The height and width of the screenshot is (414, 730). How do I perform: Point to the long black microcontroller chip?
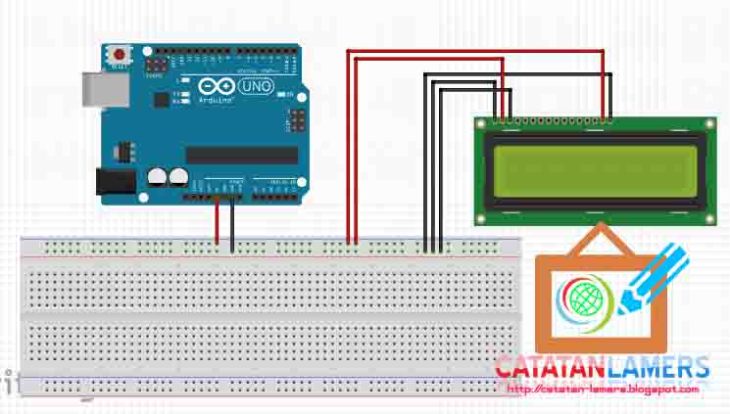(241, 155)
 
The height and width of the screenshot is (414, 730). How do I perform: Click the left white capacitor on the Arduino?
(157, 177)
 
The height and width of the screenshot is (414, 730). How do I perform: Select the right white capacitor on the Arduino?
(178, 177)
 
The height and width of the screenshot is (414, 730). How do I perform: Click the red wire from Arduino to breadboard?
(218, 225)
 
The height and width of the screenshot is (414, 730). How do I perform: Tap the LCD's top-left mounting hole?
(481, 124)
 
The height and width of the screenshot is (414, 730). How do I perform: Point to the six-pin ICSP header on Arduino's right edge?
(293, 120)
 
